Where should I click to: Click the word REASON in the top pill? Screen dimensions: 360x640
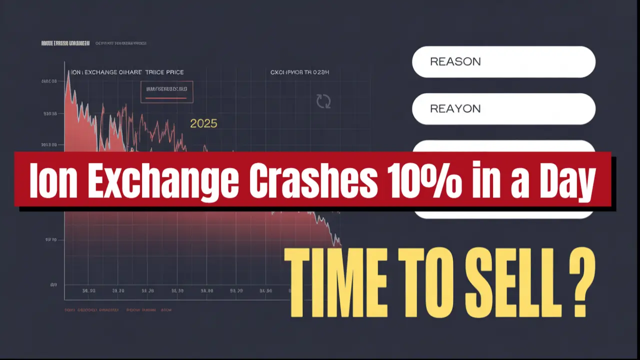(455, 62)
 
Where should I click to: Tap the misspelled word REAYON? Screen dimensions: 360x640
(455, 109)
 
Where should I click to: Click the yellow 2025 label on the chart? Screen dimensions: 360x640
(203, 123)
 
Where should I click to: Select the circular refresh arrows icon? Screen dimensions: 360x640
(323, 101)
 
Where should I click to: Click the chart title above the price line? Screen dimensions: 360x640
(127, 72)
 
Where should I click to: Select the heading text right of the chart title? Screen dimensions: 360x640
(299, 72)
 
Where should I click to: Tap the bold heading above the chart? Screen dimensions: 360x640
(65, 43)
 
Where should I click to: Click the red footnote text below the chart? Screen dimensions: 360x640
(118, 310)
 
